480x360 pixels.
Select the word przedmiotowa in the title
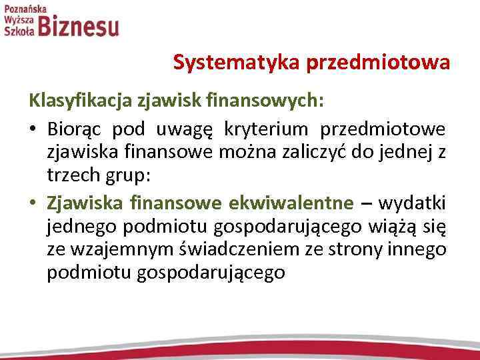coord(378,63)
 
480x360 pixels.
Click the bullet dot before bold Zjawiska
coord(33,203)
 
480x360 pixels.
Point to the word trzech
coord(69,177)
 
